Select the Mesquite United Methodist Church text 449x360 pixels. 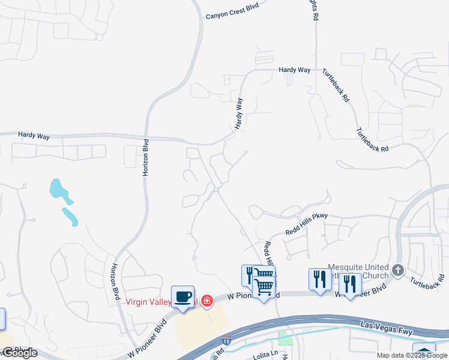pos(358,271)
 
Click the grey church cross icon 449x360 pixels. pos(397,271)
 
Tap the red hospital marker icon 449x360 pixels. pos(206,300)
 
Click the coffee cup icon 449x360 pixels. pos(182,296)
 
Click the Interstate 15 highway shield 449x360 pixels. pos(226,341)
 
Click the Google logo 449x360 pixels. pos(19,353)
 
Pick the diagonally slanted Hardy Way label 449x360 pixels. pos(239,114)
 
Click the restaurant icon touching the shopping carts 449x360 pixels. pos(248,274)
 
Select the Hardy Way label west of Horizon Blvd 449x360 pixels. pos(34,136)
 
